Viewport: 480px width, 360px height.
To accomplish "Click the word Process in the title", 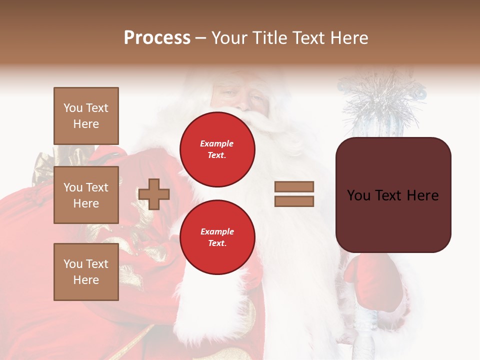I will coord(157,38).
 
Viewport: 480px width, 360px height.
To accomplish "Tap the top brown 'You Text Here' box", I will coord(86,116).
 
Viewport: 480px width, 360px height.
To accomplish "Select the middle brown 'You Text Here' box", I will coord(86,195).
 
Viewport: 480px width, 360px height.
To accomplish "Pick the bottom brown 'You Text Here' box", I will coord(86,272).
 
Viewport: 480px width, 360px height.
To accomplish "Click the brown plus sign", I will coord(154,194).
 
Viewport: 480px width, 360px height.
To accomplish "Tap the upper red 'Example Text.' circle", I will coord(217,149).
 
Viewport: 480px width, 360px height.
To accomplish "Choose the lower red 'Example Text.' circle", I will coord(217,237).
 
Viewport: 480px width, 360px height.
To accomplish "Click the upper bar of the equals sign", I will coord(294,186).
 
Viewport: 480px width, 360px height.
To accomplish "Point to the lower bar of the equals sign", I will coord(294,201).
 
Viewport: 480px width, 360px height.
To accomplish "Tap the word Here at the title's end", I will coord(349,38).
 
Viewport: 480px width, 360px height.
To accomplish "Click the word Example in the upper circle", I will coord(217,143).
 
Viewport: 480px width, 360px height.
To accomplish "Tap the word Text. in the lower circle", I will coord(217,243).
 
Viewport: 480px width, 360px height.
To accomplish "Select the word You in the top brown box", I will coord(72,108).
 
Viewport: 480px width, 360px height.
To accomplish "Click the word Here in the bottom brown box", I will coord(86,280).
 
